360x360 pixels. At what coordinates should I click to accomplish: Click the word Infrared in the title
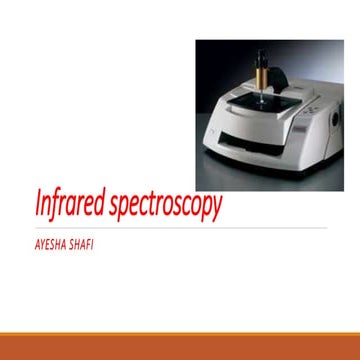point(67,208)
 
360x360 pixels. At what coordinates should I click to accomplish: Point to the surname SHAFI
point(85,241)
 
